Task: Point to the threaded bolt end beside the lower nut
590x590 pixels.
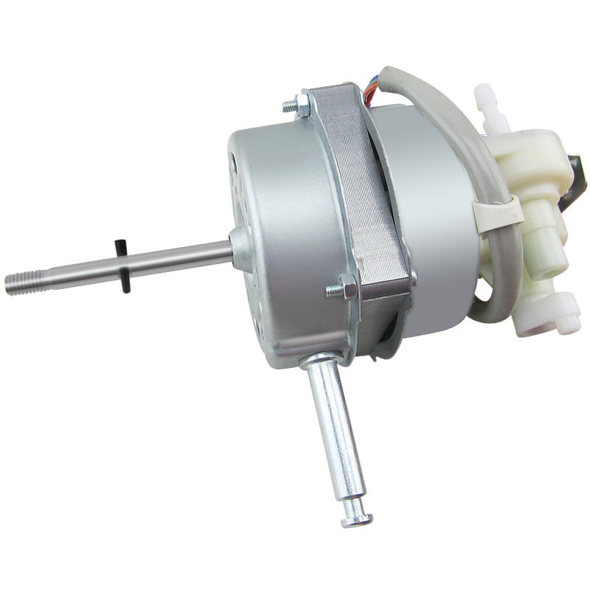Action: pyautogui.click(x=333, y=291)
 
